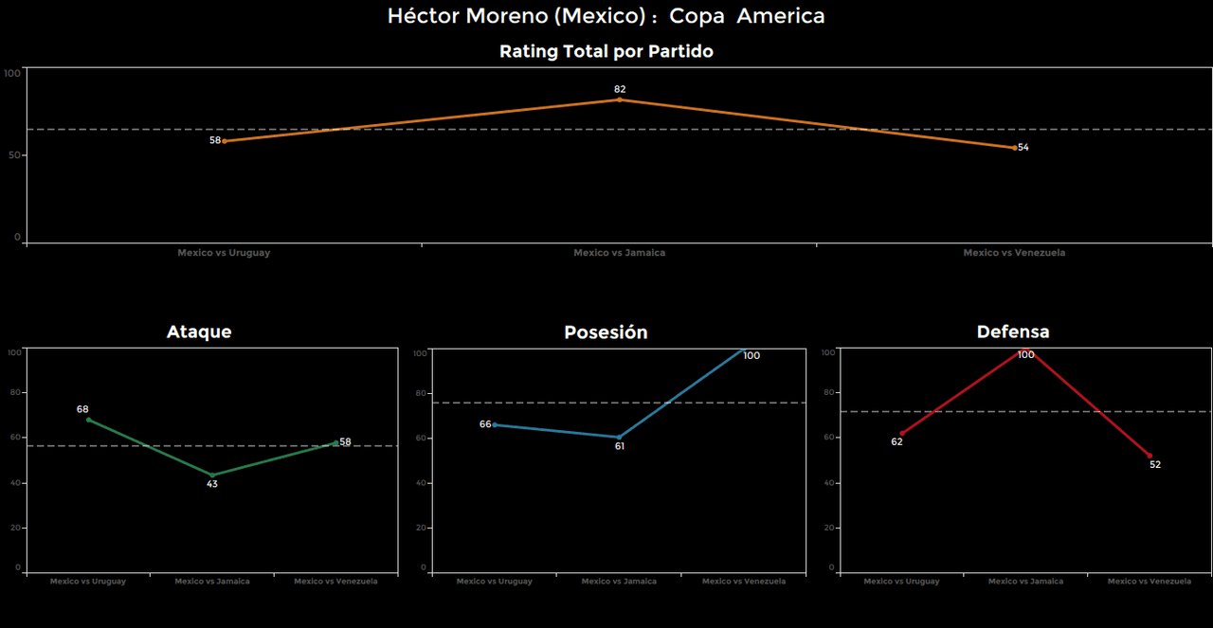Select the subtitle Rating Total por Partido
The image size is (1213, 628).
(606, 52)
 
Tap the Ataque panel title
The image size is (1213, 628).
(199, 332)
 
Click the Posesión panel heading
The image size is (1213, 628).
(606, 332)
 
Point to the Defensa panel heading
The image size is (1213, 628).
(1013, 332)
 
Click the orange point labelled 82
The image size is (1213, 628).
(620, 99)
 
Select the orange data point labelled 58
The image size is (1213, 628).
(224, 141)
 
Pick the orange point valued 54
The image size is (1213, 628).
(1014, 148)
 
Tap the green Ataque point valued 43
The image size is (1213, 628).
(212, 475)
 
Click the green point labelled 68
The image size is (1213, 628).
(88, 420)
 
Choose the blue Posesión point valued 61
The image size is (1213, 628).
(619, 438)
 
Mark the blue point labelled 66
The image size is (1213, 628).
(495, 424)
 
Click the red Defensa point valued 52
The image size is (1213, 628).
(1150, 456)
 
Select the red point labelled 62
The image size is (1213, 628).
(901, 434)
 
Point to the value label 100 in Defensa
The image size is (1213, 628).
(1025, 355)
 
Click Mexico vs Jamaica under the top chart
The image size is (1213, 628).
(619, 253)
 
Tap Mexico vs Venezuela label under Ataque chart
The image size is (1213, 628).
(335, 582)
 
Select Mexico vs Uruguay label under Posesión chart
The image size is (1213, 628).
(494, 582)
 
